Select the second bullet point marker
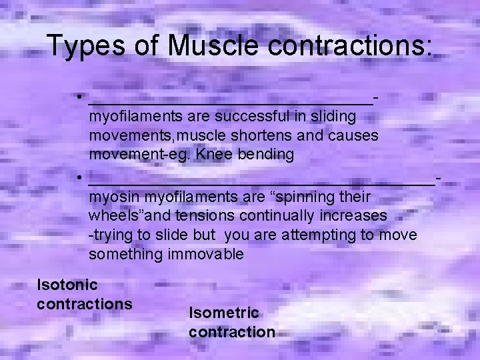click(79, 177)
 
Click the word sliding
click(332, 117)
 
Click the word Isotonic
click(67, 285)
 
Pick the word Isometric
click(223, 313)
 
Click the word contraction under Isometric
click(232, 331)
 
